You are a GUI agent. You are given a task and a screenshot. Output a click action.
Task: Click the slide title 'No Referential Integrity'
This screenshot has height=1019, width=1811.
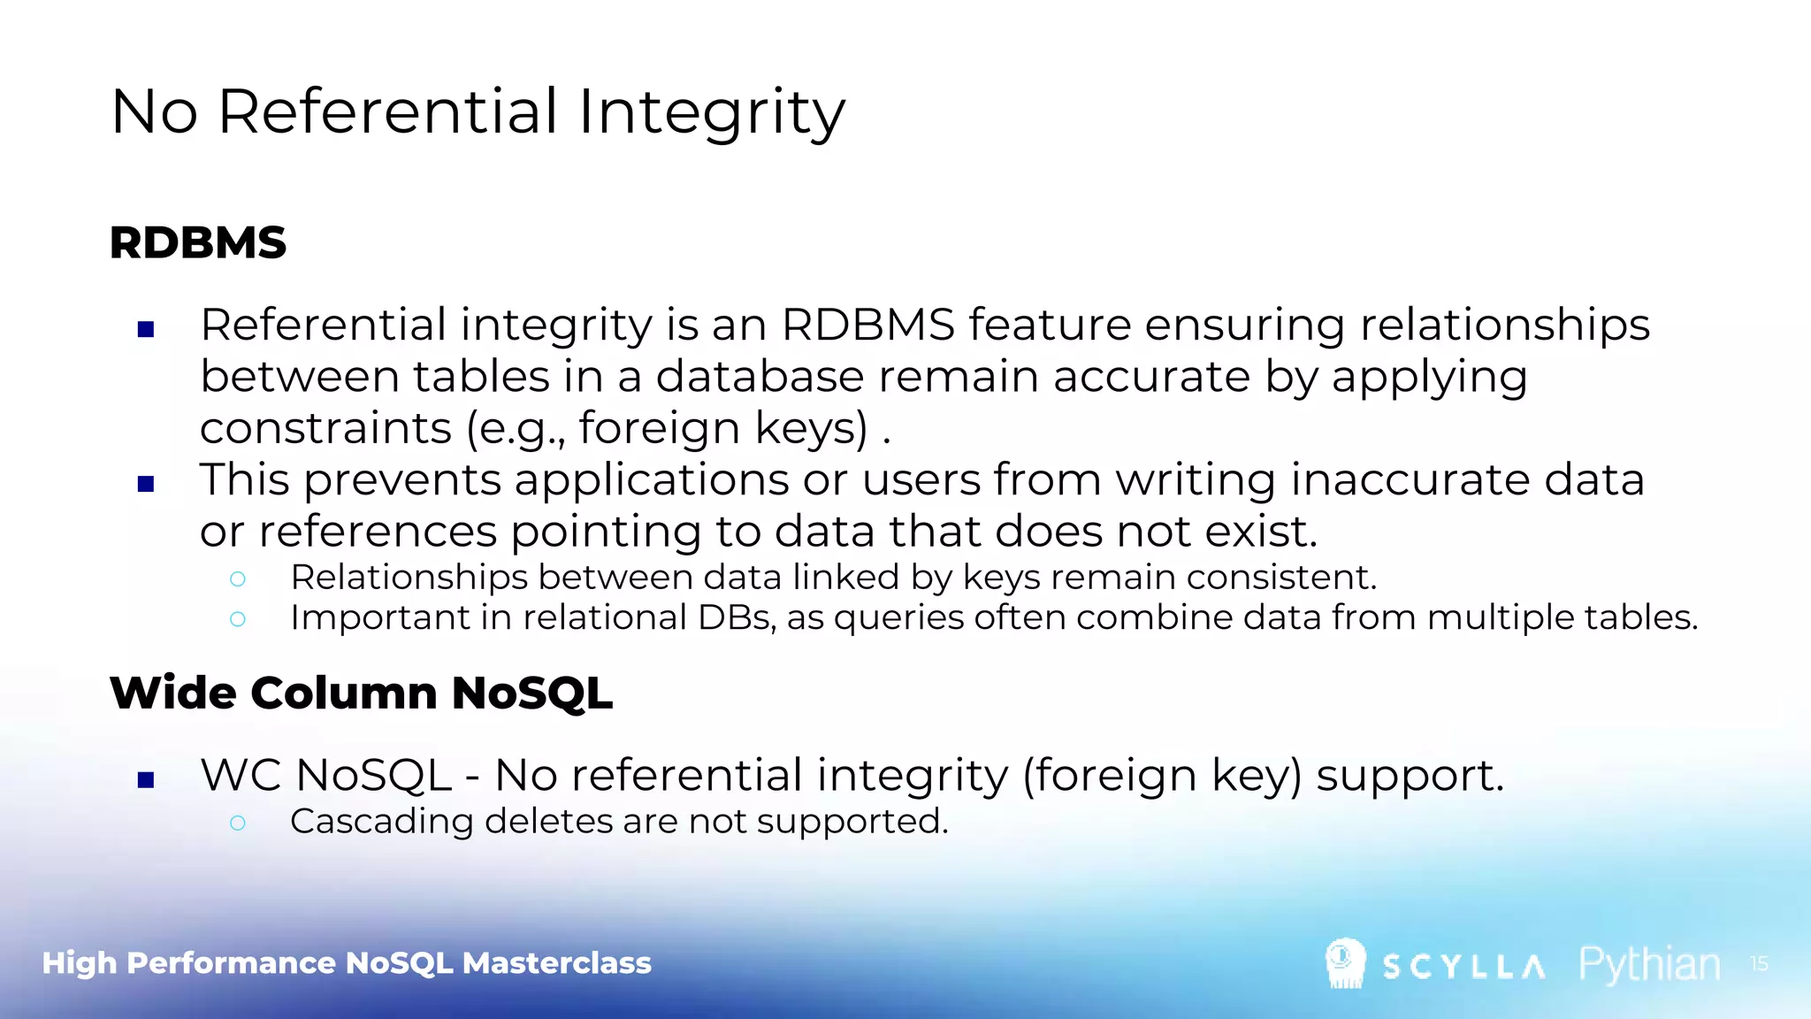point(478,111)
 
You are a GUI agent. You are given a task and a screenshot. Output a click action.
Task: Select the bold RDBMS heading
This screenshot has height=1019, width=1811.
point(198,242)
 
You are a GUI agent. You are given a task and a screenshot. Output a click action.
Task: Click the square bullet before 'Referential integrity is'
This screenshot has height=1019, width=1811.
point(147,330)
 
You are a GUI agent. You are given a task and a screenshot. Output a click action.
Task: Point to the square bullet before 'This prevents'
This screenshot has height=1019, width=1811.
point(147,484)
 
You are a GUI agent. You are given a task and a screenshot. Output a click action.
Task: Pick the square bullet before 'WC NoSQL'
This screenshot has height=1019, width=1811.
point(147,779)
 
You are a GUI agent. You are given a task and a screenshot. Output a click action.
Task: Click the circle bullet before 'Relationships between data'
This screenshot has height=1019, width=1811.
point(237,579)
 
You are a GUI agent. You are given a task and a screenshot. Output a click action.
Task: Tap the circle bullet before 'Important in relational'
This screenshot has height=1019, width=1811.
point(237,619)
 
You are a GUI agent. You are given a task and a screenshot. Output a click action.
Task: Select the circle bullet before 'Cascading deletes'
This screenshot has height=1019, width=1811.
point(237,823)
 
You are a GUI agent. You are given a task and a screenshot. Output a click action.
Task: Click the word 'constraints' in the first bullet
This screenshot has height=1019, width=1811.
point(325,428)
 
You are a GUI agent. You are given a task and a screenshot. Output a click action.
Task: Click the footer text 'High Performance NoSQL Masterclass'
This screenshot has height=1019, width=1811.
point(347,962)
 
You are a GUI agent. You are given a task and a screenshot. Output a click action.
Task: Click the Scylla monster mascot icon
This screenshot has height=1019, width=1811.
point(1345,963)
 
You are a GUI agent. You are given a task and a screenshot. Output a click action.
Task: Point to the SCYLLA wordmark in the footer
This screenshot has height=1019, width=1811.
point(1464,967)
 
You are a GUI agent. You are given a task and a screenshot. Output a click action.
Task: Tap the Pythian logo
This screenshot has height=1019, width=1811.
point(1649,964)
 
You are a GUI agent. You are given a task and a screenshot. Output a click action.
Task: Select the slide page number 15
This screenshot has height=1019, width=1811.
point(1759,963)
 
